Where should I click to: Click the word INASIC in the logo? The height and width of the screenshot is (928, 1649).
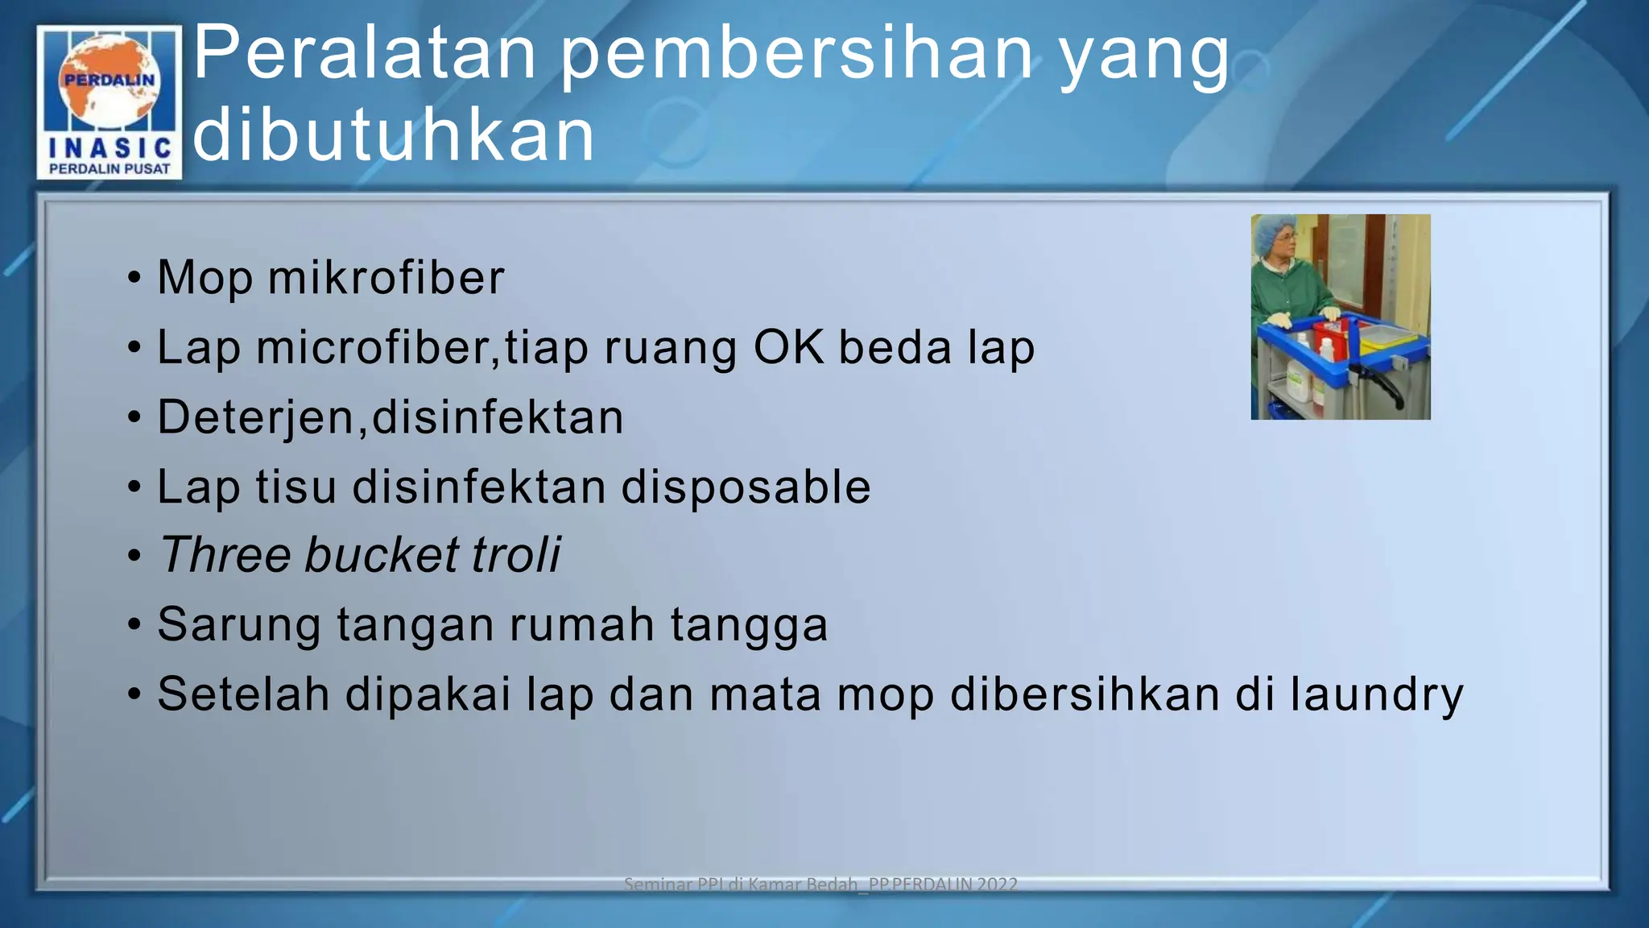coord(110,147)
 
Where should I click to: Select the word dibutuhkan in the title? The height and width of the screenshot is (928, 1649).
coord(394,135)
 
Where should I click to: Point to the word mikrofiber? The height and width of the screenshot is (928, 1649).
coord(386,278)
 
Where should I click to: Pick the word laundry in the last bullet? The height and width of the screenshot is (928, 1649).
coord(1376,695)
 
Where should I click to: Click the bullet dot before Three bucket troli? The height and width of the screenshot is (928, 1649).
coord(134,557)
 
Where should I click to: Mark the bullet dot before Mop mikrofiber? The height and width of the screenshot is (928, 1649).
coord(134,279)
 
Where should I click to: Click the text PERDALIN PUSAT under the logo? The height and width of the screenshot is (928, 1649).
coord(110,168)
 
